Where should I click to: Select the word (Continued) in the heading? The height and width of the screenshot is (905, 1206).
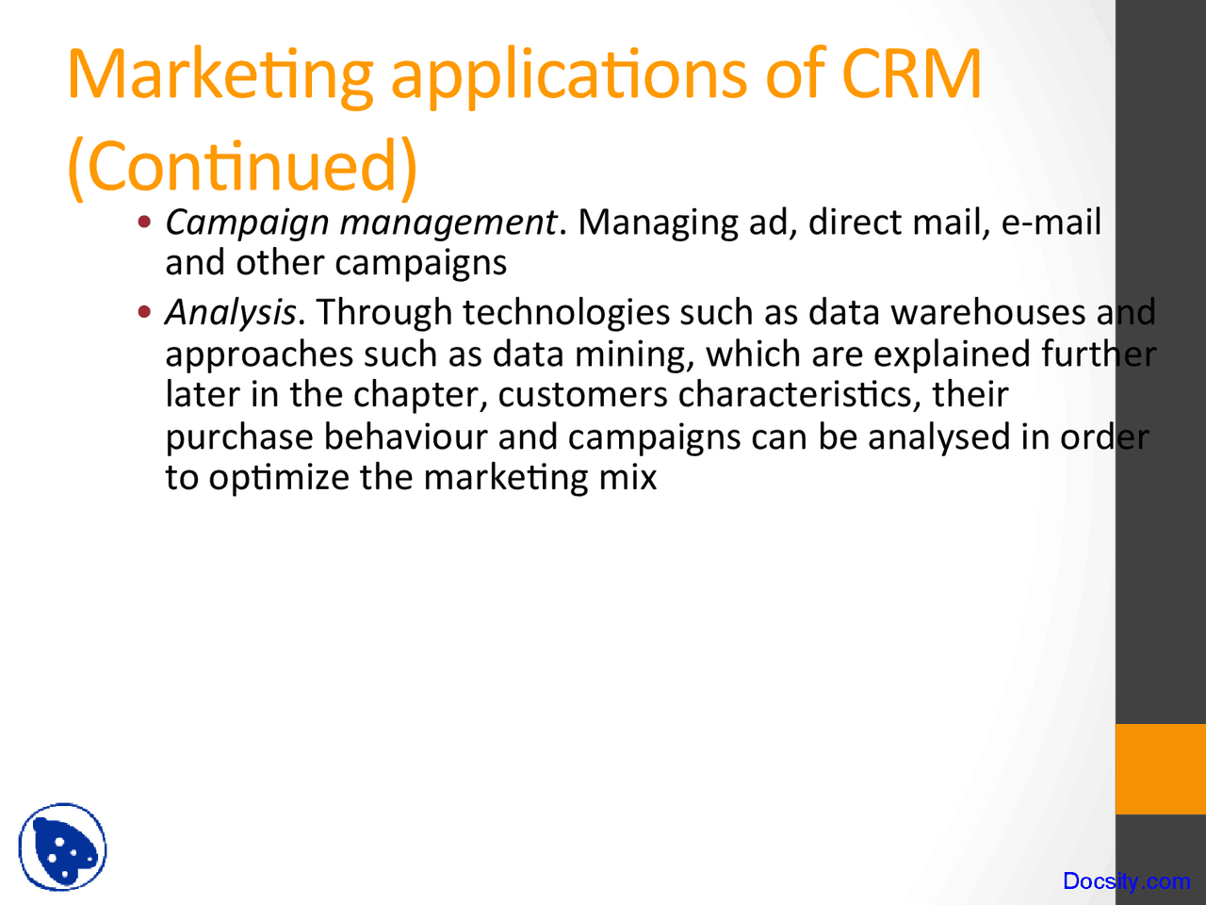coord(242,166)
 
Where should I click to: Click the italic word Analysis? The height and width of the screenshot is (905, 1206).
coord(230,312)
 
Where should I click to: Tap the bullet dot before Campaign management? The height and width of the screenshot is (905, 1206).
coord(144,223)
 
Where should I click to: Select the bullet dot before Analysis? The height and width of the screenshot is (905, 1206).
coord(144,312)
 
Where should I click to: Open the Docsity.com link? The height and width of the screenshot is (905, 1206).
coord(1126,881)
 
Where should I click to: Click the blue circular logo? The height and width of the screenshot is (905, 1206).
coord(62,847)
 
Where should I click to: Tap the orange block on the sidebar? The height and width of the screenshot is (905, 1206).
coord(1161,768)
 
